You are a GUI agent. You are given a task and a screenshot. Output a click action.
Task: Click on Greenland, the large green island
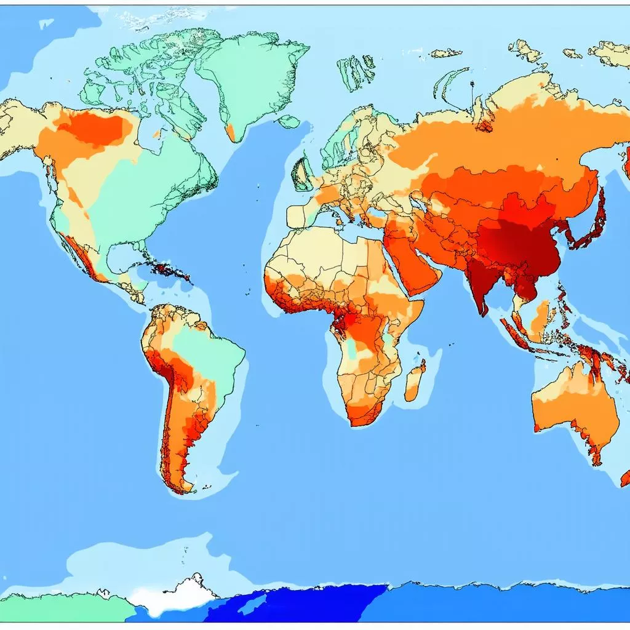pos(252,74)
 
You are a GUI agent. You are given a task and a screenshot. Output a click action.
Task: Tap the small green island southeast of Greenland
pos(289,122)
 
